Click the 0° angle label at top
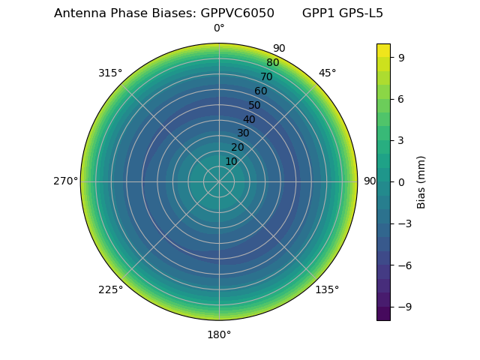coord(219,28)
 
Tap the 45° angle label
coord(327,73)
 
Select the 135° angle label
coord(327,289)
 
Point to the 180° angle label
coord(219,334)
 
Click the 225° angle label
coord(110,289)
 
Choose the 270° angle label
coord(65,181)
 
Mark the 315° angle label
coord(110,73)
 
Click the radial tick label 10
coord(231,161)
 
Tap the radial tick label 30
coord(243,133)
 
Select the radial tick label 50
coord(255,105)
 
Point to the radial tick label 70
coord(266,76)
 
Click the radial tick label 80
coord(272,63)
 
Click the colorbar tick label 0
coord(400,181)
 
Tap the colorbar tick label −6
coord(403,265)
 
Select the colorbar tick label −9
coord(403,307)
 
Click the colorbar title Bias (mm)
coord(421,181)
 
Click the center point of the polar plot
coord(219,181)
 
